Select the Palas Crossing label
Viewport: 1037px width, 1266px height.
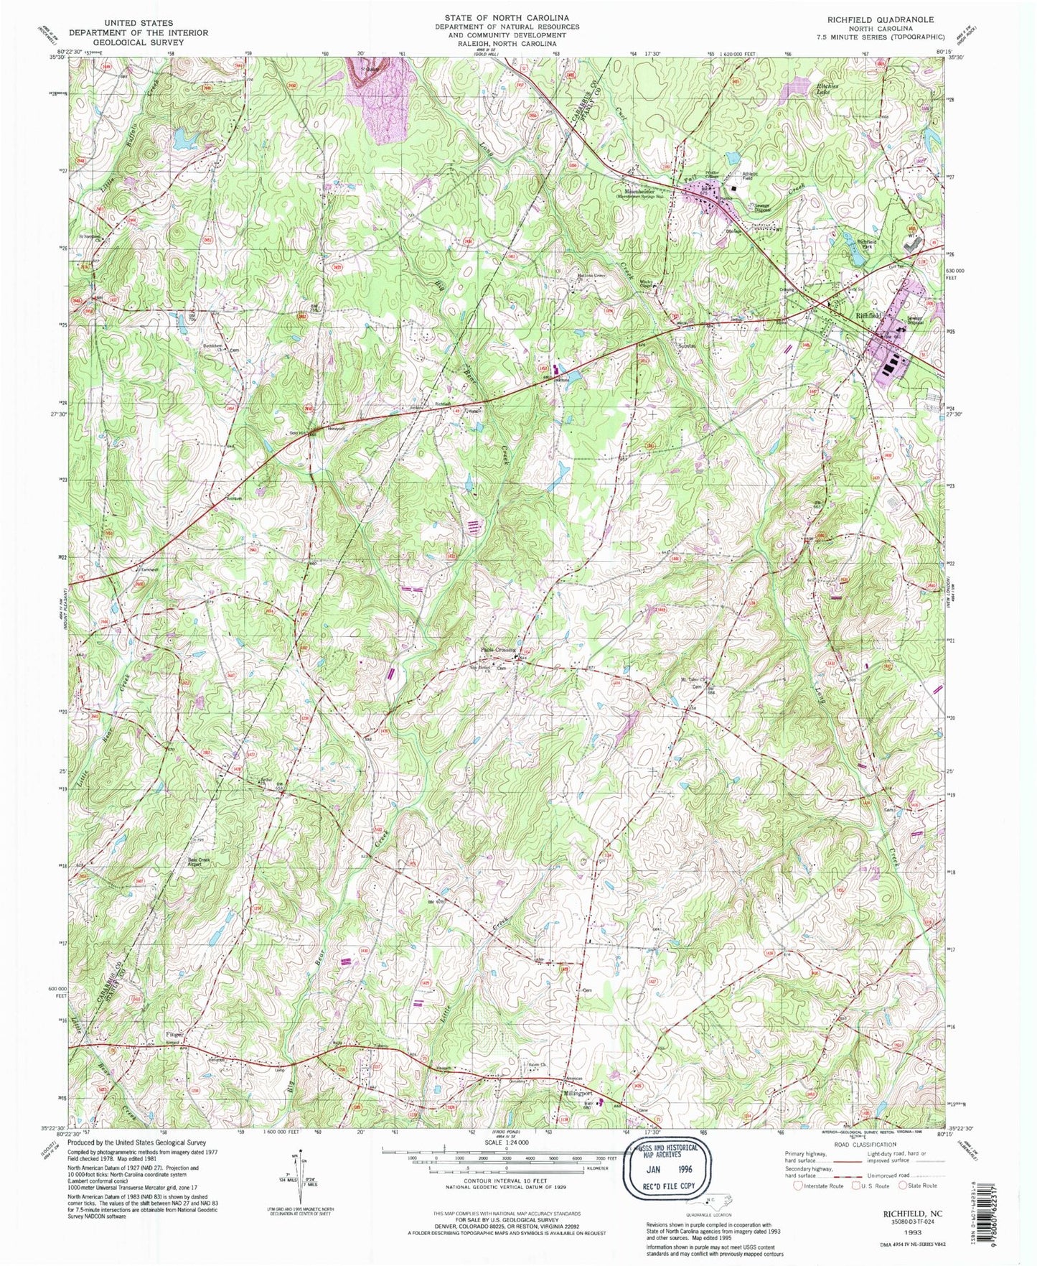(x=498, y=650)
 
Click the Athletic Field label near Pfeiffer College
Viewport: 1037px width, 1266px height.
(x=750, y=174)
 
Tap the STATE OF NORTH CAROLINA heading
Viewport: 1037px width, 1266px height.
(x=506, y=17)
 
